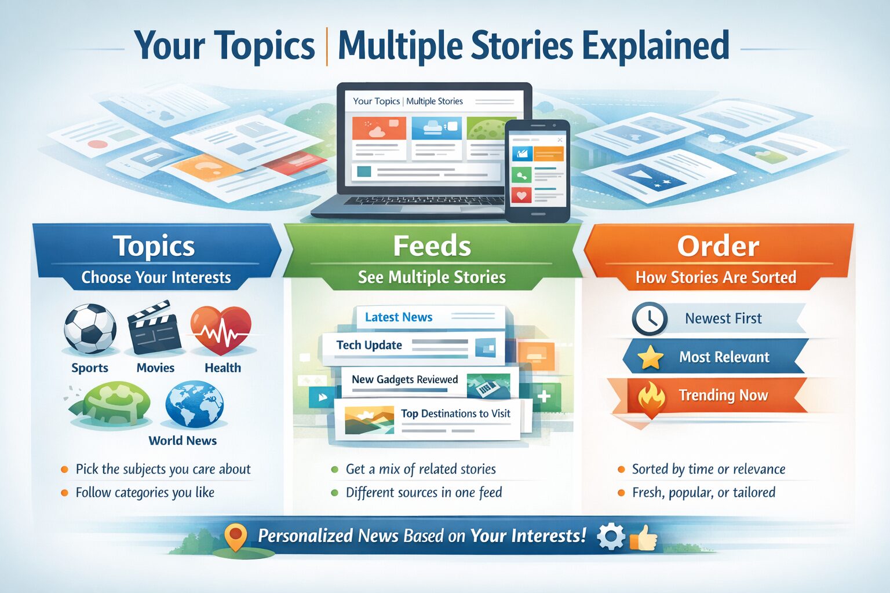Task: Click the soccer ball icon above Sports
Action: pyautogui.click(x=90, y=328)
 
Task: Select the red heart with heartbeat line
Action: pyautogui.click(x=221, y=329)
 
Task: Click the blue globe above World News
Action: pyautogui.click(x=194, y=404)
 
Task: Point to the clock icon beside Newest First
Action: pyautogui.click(x=649, y=319)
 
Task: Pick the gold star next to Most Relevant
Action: pyautogui.click(x=650, y=357)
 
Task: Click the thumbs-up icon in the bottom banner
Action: pyautogui.click(x=644, y=537)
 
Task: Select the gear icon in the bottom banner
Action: pyautogui.click(x=610, y=537)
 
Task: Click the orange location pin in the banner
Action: pyautogui.click(x=235, y=537)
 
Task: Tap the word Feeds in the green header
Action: pyautogui.click(x=432, y=246)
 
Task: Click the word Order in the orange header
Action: pyautogui.click(x=718, y=246)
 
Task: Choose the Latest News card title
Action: pyautogui.click(x=399, y=317)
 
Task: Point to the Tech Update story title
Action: pyautogui.click(x=369, y=345)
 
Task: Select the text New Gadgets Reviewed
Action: pyautogui.click(x=404, y=380)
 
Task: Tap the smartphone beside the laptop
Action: pyautogui.click(x=537, y=171)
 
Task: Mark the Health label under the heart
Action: pyautogui.click(x=222, y=368)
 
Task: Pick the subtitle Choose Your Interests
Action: pyautogui.click(x=156, y=277)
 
